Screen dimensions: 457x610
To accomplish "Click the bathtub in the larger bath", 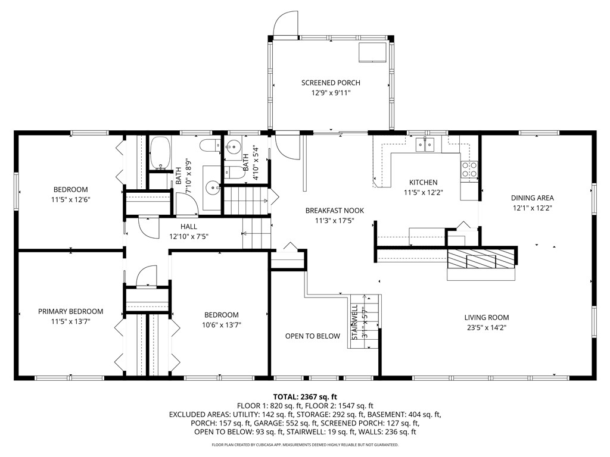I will pyautogui.click(x=160, y=152).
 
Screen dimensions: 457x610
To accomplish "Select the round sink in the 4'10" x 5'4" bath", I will pyautogui.click(x=234, y=146).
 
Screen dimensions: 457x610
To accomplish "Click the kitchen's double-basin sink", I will pyautogui.click(x=425, y=144).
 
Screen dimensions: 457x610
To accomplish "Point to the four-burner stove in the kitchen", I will pyautogui.click(x=469, y=170).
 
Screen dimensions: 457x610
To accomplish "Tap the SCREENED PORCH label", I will pyautogui.click(x=331, y=83).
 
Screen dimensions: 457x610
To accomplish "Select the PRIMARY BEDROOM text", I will pyautogui.click(x=70, y=311).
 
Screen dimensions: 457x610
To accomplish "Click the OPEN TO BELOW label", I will pyautogui.click(x=313, y=336).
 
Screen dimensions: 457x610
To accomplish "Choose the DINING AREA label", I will pyautogui.click(x=533, y=198).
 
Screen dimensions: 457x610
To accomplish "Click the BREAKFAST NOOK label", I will pyautogui.click(x=334, y=211).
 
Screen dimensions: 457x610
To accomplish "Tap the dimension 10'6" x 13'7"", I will pyautogui.click(x=221, y=325).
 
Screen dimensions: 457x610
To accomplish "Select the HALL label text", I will pyautogui.click(x=189, y=227).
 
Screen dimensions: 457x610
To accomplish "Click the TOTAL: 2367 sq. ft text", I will pyautogui.click(x=305, y=396).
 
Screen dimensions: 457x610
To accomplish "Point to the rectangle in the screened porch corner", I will pyautogui.click(x=372, y=52).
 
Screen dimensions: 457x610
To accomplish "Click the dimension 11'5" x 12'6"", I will pyautogui.click(x=70, y=200).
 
